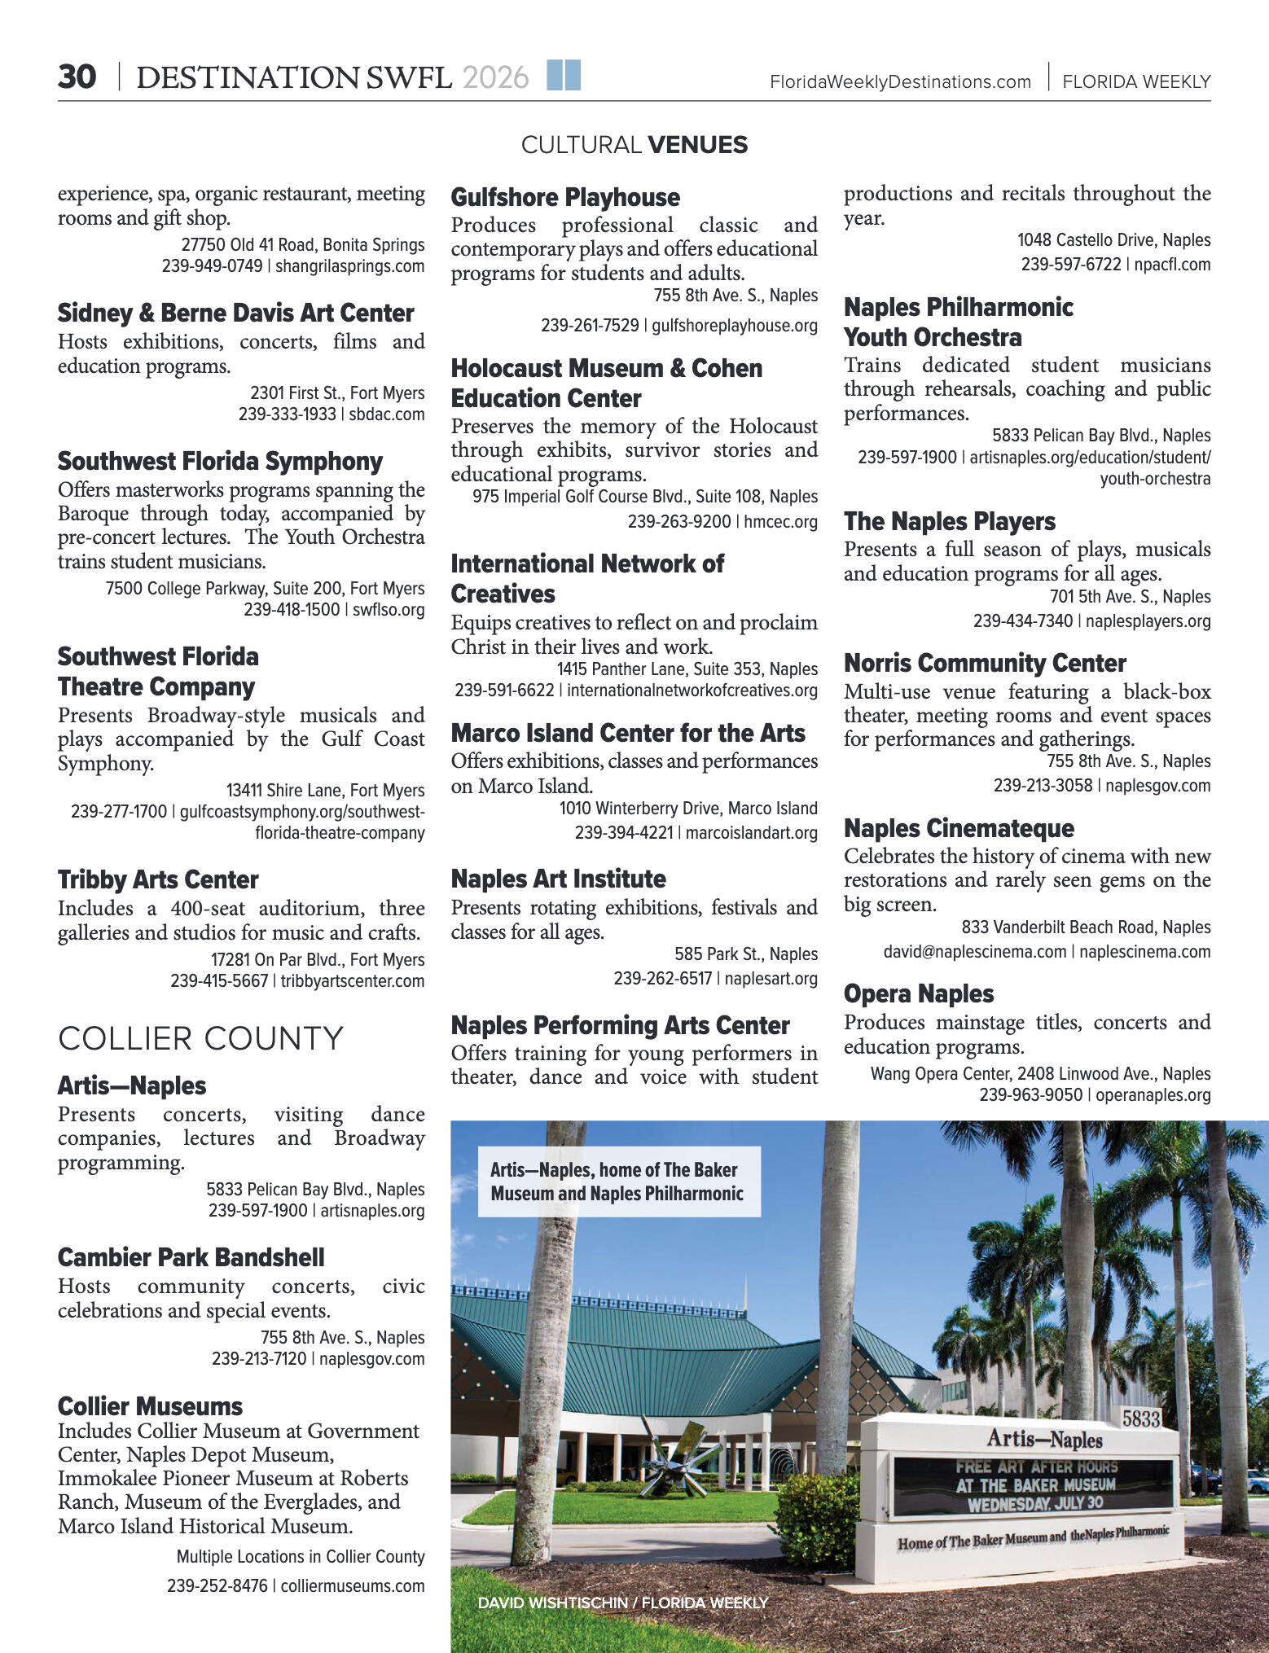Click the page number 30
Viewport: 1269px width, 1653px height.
point(77,77)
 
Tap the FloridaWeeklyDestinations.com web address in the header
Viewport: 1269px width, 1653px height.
point(900,81)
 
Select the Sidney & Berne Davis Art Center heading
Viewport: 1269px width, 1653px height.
point(235,313)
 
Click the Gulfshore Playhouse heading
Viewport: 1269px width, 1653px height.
point(565,197)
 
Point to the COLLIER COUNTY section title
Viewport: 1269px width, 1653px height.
point(200,1038)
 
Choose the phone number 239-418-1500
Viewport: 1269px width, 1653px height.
point(292,609)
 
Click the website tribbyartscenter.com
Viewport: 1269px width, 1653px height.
point(353,980)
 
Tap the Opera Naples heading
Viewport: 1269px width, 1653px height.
point(918,993)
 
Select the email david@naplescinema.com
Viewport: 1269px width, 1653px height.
point(974,951)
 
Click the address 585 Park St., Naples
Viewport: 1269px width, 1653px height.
point(745,954)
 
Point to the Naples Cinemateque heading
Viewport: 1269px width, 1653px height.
point(959,828)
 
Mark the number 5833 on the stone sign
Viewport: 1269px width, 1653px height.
point(1140,1418)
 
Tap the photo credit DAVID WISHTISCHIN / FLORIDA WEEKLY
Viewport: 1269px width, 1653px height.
point(622,1603)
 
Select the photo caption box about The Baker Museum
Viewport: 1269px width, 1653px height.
point(618,1182)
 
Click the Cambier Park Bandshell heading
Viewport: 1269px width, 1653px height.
point(191,1257)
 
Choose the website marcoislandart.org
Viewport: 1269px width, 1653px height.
point(751,832)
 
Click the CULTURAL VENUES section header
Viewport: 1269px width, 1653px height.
point(634,145)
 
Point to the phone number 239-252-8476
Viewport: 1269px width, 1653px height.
point(217,1585)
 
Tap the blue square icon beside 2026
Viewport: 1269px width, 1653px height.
point(564,75)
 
